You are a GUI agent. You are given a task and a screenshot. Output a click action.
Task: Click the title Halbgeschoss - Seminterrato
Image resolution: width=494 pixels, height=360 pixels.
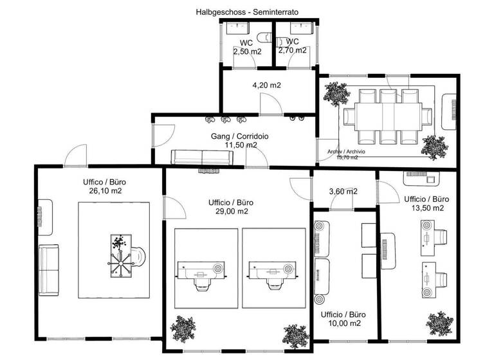[x=247, y=12]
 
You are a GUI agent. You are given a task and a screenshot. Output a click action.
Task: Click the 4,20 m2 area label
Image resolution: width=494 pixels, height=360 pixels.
[x=266, y=85]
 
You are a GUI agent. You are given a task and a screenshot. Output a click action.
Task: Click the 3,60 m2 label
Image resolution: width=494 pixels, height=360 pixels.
[x=343, y=191]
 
